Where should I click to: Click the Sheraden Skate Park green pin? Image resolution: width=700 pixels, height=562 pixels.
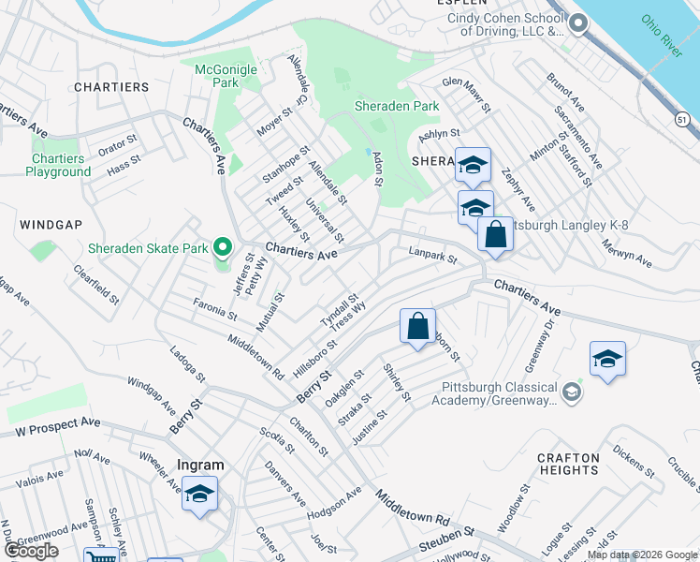(x=222, y=248)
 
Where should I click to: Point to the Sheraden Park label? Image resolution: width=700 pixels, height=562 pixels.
(x=397, y=107)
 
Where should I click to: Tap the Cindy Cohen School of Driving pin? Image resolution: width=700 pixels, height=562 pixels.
(x=577, y=25)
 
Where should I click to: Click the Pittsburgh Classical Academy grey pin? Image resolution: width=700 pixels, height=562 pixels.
(x=572, y=391)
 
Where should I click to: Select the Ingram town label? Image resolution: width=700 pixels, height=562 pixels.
(x=201, y=465)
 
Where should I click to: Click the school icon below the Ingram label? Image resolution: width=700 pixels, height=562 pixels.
(x=199, y=494)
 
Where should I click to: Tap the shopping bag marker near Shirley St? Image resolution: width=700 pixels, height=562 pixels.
(x=417, y=326)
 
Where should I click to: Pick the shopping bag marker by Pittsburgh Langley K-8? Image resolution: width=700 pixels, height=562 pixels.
(x=495, y=234)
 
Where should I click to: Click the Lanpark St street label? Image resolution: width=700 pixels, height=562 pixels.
(x=433, y=255)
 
